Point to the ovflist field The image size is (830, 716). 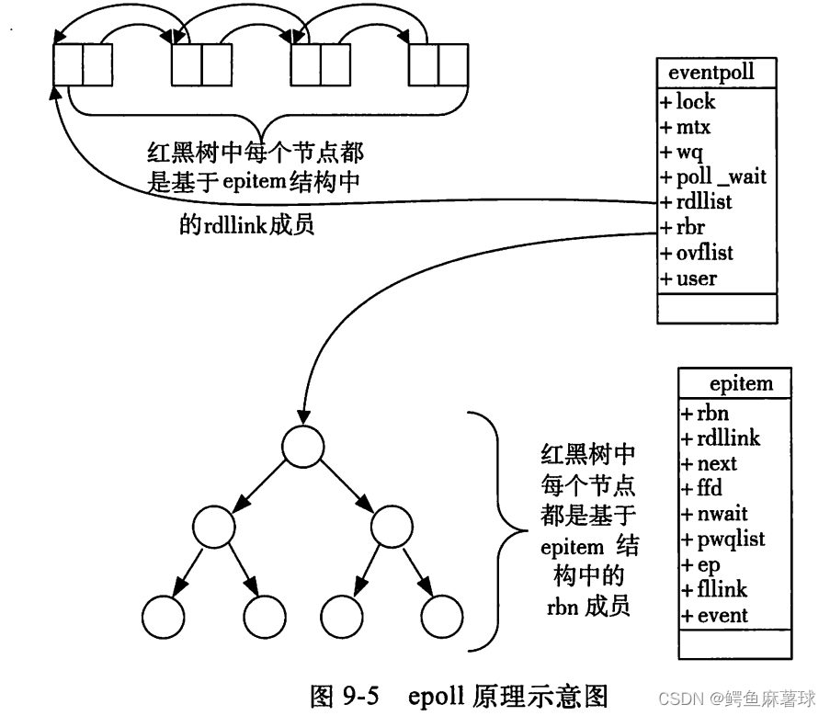pos(697,253)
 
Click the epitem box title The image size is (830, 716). pos(741,382)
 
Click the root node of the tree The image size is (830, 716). pos(303,446)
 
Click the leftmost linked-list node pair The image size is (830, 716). pos(83,63)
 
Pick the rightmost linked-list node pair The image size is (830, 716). pos(439,63)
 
